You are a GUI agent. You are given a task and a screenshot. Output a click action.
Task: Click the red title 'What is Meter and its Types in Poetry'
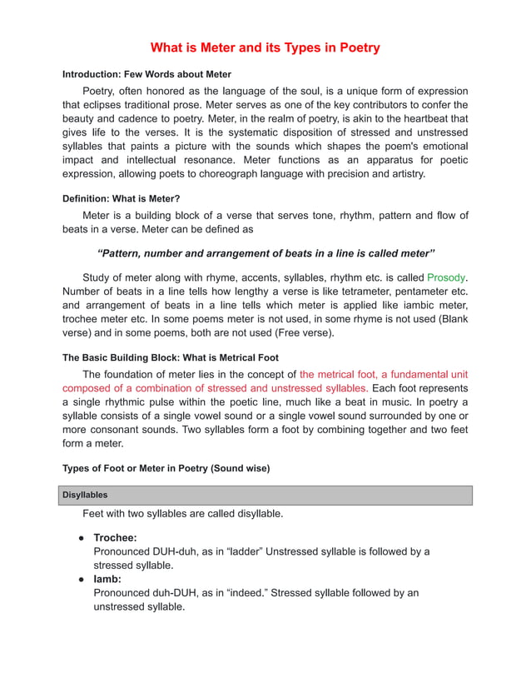[265, 47]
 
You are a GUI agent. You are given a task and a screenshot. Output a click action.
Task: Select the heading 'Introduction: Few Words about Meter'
[146, 74]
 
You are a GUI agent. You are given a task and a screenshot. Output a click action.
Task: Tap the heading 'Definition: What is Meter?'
[122, 198]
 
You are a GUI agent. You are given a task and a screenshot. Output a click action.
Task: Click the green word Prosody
[446, 277]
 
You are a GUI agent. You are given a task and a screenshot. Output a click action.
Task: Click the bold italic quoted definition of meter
[265, 252]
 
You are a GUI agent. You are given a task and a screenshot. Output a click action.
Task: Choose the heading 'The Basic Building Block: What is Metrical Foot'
[171, 357]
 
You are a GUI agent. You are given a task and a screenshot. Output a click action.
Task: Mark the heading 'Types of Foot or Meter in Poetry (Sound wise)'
[166, 468]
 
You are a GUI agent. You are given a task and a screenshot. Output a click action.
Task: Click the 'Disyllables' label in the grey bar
[85, 495]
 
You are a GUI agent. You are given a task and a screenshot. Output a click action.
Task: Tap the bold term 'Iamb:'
[107, 579]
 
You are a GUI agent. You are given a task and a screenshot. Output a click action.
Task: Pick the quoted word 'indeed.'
[250, 593]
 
